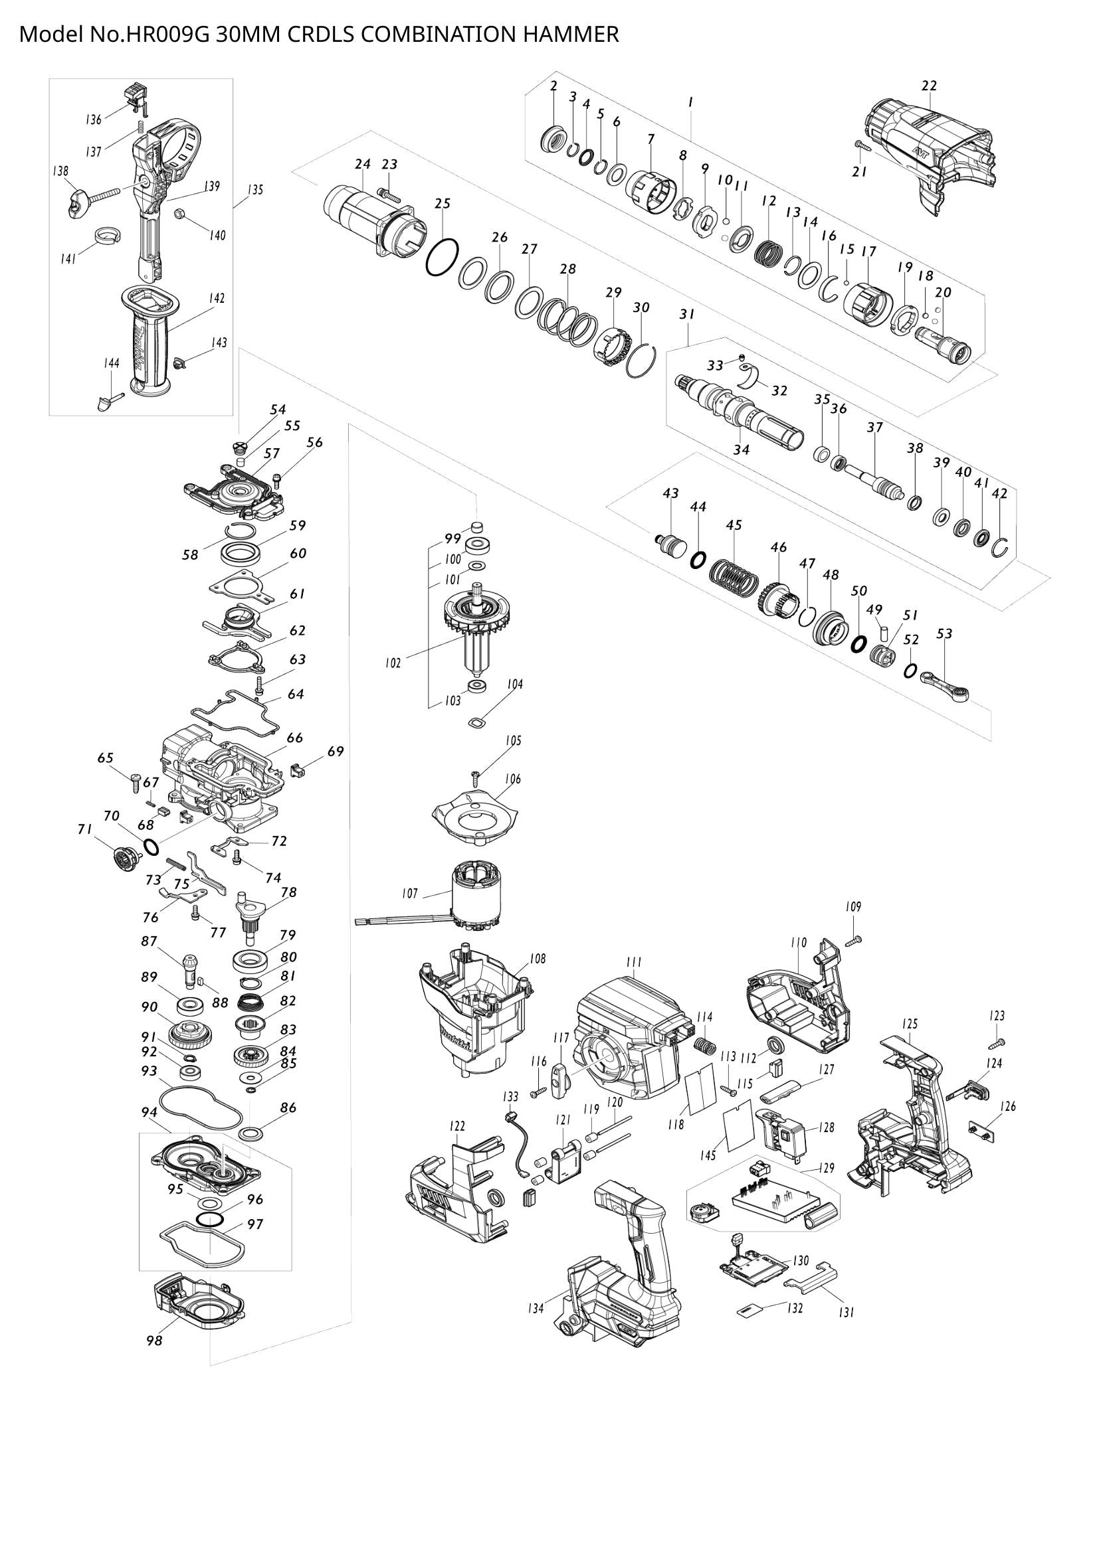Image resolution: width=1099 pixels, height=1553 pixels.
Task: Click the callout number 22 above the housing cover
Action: click(929, 86)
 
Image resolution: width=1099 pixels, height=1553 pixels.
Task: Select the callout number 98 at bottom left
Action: click(154, 1340)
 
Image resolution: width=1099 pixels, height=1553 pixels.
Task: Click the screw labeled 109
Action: click(854, 940)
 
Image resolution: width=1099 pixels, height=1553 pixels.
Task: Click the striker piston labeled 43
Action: click(671, 543)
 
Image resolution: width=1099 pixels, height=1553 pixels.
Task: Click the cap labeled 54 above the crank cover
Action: click(239, 446)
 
